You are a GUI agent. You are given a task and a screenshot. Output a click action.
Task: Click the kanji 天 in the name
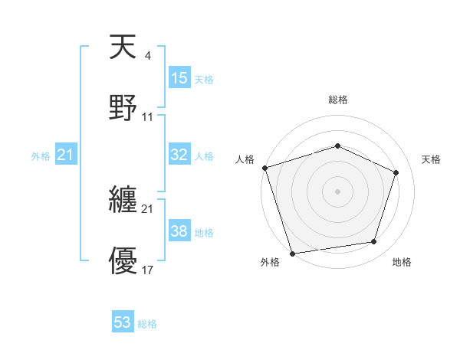click(x=123, y=47)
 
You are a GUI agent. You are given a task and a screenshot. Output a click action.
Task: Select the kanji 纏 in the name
click(x=123, y=201)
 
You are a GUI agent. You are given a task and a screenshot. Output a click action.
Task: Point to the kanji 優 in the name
click(x=123, y=260)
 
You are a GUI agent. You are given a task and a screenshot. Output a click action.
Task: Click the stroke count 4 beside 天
click(x=147, y=56)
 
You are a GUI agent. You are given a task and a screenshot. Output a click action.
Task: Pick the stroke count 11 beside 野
click(x=148, y=116)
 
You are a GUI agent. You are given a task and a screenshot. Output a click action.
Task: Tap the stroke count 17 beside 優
click(x=148, y=270)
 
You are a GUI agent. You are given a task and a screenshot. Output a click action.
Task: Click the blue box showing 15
click(x=179, y=78)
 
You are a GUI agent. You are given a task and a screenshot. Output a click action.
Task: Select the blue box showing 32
click(x=179, y=155)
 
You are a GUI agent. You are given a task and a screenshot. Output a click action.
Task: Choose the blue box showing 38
click(x=179, y=231)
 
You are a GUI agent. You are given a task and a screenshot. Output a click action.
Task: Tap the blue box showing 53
click(x=123, y=322)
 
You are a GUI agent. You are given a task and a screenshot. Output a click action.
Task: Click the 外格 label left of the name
click(x=41, y=156)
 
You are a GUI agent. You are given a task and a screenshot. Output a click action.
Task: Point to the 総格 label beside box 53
click(x=147, y=324)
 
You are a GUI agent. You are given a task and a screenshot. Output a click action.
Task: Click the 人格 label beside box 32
click(x=204, y=156)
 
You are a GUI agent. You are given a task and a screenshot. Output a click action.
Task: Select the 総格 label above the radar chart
click(x=337, y=100)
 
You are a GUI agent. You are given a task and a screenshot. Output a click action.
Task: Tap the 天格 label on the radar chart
click(x=432, y=159)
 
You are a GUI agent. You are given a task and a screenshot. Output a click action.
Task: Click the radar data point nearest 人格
click(x=264, y=168)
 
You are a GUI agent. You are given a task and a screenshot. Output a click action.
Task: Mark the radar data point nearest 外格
click(x=292, y=252)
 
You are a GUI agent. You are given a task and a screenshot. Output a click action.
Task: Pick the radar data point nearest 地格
click(x=374, y=242)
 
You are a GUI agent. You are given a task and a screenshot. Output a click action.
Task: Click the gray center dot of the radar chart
click(x=337, y=191)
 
